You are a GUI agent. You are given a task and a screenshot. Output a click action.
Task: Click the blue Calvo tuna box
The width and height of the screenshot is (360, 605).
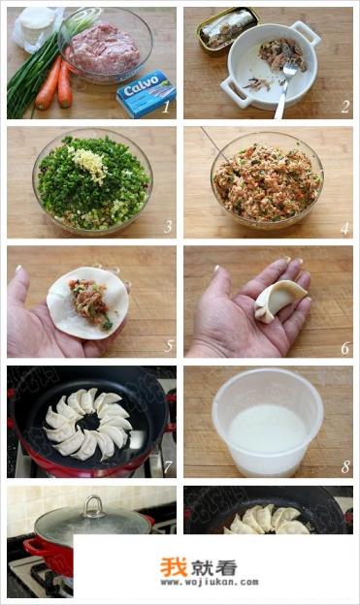point(147,93)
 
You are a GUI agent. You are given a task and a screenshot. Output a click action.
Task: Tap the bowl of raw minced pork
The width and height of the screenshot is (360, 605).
point(105,46)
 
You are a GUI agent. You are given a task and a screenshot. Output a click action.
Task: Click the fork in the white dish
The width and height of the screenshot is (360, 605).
point(284,90)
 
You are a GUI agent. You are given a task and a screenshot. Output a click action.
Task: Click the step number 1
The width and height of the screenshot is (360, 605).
point(166,107)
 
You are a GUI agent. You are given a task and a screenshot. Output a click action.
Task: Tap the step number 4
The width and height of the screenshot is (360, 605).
point(344,228)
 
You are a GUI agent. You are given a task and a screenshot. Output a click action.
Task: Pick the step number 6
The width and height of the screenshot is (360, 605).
point(344,348)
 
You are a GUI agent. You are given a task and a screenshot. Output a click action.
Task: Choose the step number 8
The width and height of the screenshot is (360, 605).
point(344,467)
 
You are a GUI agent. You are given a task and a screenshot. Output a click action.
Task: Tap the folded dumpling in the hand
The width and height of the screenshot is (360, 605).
point(279,301)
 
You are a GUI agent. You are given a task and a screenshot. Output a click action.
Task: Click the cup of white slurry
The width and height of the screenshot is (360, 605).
point(268,423)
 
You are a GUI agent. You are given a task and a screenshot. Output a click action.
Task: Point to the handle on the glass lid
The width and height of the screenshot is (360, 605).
point(93,506)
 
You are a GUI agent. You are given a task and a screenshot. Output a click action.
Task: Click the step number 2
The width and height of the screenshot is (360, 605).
point(344,107)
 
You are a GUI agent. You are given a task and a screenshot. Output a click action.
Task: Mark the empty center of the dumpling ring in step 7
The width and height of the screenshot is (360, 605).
point(88,422)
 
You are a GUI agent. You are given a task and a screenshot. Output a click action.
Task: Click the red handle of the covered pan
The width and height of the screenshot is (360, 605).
point(32,548)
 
